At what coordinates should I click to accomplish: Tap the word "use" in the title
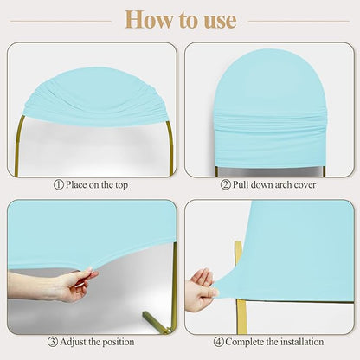[221, 21]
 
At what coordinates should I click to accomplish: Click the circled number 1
[59, 185]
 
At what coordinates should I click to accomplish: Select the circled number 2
[226, 184]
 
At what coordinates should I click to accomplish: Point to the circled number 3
[53, 342]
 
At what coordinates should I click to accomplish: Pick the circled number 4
[219, 342]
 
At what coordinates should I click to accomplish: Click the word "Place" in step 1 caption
[76, 184]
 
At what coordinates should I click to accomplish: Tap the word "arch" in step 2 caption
[284, 184]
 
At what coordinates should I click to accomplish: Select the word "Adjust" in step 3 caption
[74, 343]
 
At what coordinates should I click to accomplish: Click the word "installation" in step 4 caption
[302, 342]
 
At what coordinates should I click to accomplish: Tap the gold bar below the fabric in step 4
[241, 317]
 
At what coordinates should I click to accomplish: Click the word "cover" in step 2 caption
[305, 185]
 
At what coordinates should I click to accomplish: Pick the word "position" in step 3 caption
[118, 343]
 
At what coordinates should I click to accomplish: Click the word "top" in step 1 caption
[121, 185]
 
